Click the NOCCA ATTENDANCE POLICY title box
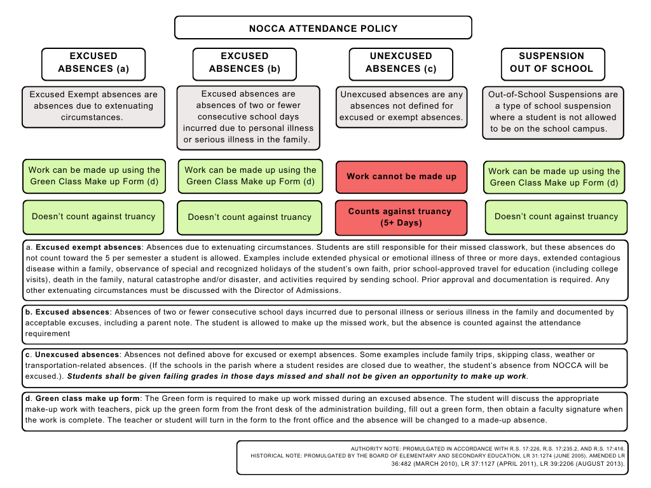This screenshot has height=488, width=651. click(323, 28)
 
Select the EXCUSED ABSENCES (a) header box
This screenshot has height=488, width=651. click(93, 62)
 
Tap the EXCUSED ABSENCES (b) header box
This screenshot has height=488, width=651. click(245, 62)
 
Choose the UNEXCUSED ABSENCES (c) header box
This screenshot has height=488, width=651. click(401, 62)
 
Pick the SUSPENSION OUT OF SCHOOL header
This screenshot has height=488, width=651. click(552, 62)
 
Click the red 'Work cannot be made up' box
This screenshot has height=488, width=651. click(401, 176)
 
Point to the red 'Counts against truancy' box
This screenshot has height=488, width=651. click(399, 217)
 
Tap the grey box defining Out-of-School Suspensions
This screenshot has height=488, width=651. click(552, 112)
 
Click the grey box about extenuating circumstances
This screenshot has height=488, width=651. click(93, 105)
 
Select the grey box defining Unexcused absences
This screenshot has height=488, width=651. click(401, 105)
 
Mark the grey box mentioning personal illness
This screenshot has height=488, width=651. click(247, 117)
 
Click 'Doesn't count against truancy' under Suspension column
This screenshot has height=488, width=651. click(556, 217)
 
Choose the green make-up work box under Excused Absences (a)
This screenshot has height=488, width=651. click(93, 176)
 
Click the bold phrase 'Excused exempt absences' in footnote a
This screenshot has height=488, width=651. click(88, 247)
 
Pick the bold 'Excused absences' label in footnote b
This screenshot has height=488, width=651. click(72, 313)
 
